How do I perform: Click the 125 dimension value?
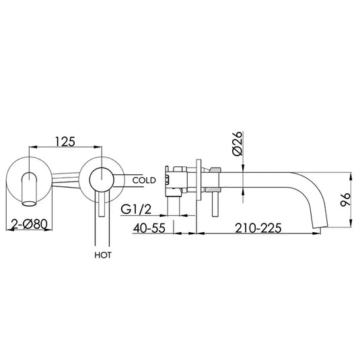click(65, 143)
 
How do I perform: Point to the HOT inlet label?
click(104, 256)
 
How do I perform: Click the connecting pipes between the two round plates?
click(66, 180)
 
